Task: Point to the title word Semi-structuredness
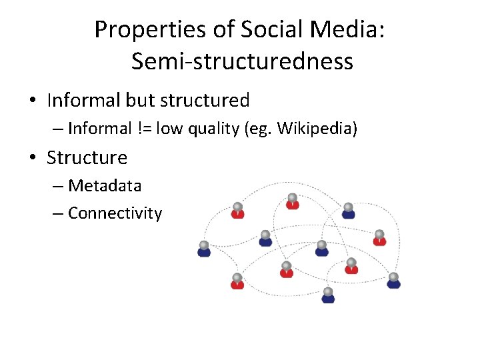[x=242, y=61]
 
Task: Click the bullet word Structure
[x=87, y=158]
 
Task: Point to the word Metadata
[x=105, y=185]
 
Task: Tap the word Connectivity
[x=115, y=213]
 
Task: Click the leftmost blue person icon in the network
[x=204, y=249]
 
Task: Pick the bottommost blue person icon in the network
[x=328, y=295]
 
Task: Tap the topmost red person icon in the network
[x=292, y=201]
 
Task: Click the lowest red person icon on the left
[x=237, y=281]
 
